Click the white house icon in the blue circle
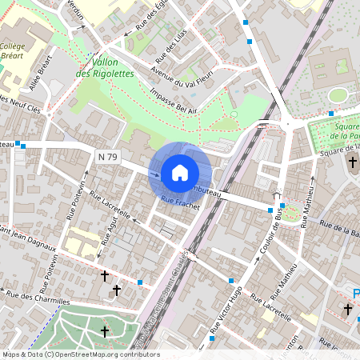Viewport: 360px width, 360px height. pyautogui.click(x=180, y=172)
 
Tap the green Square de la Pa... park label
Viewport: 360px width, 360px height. pyautogui.click(x=340, y=131)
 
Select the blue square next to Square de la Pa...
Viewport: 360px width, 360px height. pyautogui.click(x=330, y=114)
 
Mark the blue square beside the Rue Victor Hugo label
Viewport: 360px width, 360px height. pyautogui.click(x=231, y=281)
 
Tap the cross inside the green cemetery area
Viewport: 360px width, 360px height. pyautogui.click(x=104, y=330)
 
